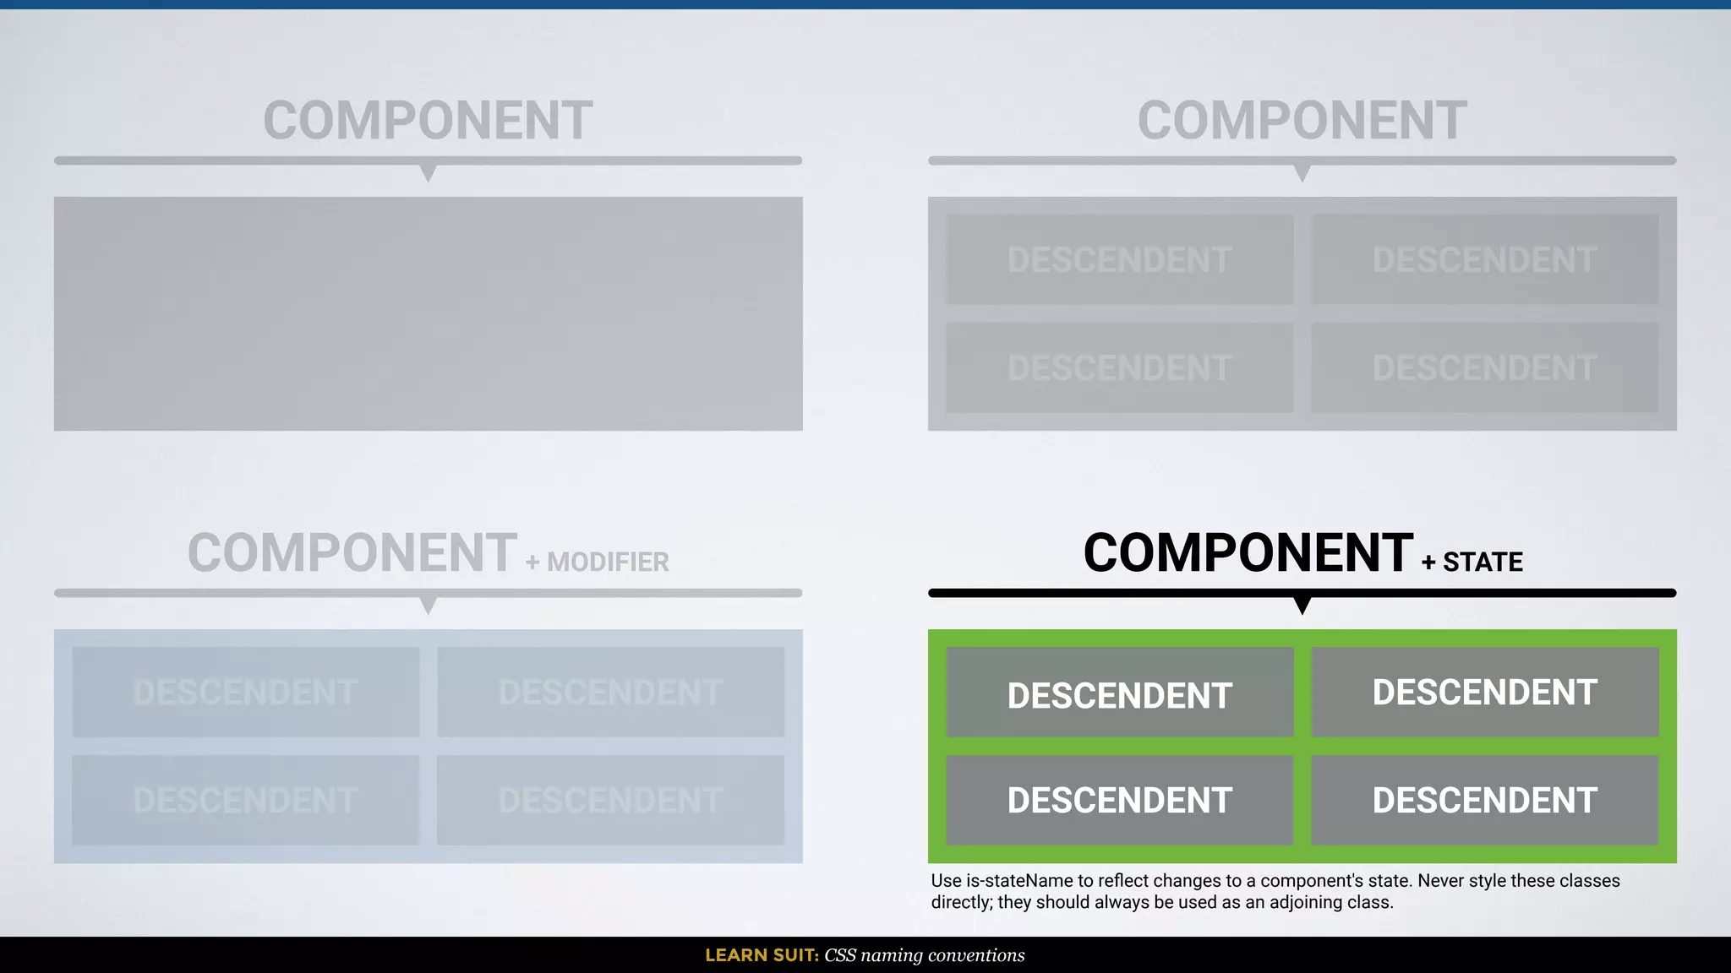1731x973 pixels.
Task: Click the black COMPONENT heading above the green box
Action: click(x=1248, y=553)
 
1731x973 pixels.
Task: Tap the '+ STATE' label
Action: click(x=1472, y=562)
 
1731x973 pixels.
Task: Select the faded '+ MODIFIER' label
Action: click(x=598, y=562)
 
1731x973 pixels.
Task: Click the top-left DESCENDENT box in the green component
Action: click(x=1120, y=693)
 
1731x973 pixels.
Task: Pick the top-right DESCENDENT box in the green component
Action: click(x=1484, y=693)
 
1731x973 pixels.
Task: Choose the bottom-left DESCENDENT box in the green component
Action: click(x=1120, y=800)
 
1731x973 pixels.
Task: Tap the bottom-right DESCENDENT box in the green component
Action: click(x=1484, y=800)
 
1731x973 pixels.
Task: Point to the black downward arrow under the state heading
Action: click(x=1302, y=605)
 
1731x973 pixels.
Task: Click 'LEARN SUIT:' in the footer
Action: click(x=762, y=955)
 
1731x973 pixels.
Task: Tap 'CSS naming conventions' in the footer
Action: click(x=925, y=955)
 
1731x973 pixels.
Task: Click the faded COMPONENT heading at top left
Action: click(x=428, y=121)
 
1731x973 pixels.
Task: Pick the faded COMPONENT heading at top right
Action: click(x=1302, y=121)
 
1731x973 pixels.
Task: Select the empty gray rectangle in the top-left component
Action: click(x=428, y=313)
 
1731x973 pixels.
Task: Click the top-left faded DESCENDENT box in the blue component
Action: click(x=246, y=693)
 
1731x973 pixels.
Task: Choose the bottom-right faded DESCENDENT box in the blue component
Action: click(x=610, y=800)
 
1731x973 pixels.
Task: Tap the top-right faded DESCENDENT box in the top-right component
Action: click(x=1484, y=259)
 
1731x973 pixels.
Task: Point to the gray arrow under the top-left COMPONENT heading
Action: click(x=429, y=173)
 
